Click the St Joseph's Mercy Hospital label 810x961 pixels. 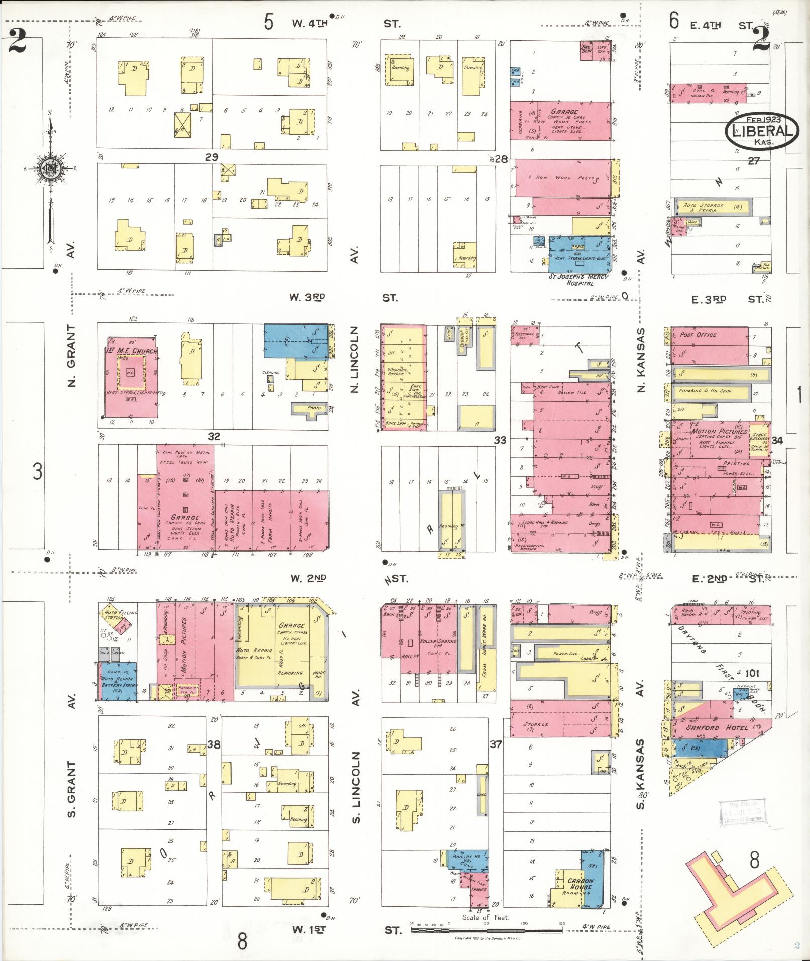click(579, 280)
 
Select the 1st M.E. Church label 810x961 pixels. click(132, 350)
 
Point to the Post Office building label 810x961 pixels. click(698, 334)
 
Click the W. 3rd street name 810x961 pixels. click(307, 297)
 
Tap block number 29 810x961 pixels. click(211, 157)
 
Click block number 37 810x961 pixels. click(496, 744)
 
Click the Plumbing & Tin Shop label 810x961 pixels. click(705, 390)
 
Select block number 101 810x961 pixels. click(752, 673)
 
